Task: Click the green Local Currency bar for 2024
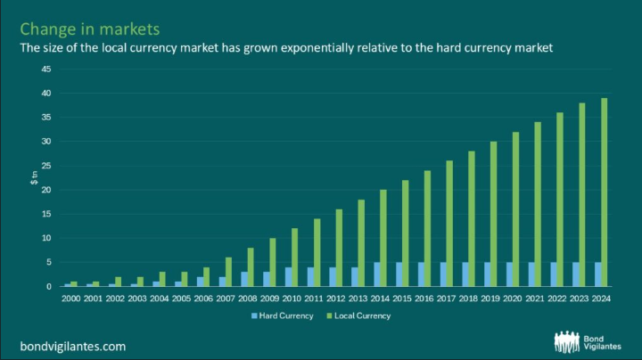click(604, 192)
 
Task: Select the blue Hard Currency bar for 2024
click(597, 274)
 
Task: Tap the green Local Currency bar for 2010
click(295, 258)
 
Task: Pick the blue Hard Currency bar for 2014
click(376, 274)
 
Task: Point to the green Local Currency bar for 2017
click(449, 224)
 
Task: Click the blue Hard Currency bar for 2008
click(244, 279)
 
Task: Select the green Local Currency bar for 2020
click(515, 209)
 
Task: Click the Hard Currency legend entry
click(283, 315)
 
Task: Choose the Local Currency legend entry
click(358, 315)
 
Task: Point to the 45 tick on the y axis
click(46, 70)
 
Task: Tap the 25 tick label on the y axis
click(46, 166)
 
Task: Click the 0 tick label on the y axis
click(49, 286)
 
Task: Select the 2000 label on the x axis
click(70, 299)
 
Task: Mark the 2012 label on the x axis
click(336, 299)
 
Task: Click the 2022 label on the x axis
click(556, 299)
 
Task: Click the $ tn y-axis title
click(34, 178)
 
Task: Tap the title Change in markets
click(90, 29)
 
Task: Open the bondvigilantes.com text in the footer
click(73, 347)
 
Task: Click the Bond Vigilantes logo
click(588, 342)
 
